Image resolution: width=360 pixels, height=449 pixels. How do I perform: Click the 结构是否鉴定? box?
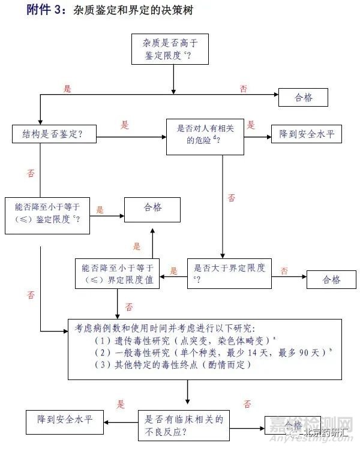tap(55, 135)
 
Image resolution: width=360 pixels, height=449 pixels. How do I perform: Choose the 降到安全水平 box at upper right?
tap(306, 135)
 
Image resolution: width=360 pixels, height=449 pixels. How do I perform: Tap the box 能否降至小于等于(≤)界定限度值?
tap(117, 274)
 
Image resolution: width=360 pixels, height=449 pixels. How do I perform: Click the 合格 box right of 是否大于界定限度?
tap(331, 279)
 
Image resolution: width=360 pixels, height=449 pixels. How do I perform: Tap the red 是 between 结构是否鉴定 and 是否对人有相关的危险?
tap(125, 125)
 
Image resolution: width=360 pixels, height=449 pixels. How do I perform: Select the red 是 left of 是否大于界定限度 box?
tap(174, 271)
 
